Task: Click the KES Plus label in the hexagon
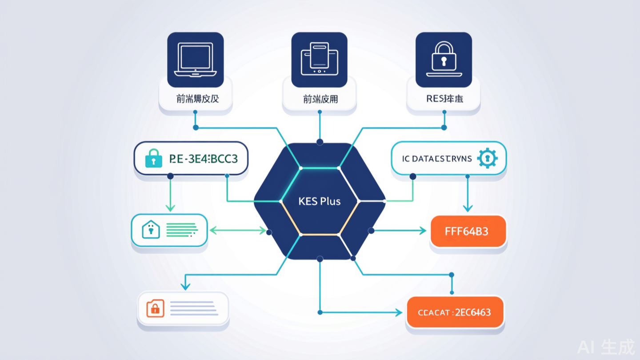coord(320,201)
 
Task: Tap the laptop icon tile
coord(195,60)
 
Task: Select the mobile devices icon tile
coord(320,60)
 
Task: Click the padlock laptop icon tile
coord(444,60)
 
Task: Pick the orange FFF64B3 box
coord(468,231)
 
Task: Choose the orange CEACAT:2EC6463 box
coord(455,312)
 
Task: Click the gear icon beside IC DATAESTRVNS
coord(487,158)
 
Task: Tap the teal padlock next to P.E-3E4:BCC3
coord(154,158)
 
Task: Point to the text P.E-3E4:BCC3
coord(204,159)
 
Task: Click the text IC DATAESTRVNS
coord(436,159)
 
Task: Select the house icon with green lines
coord(150,230)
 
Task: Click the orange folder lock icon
coord(155,308)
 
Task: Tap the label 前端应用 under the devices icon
coord(320,99)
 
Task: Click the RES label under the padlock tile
coord(444,99)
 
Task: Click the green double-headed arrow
coord(237,230)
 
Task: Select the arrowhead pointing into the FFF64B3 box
coord(423,231)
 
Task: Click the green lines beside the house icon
coord(181,229)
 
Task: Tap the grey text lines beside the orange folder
coord(193,308)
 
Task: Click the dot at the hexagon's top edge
coord(320,142)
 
